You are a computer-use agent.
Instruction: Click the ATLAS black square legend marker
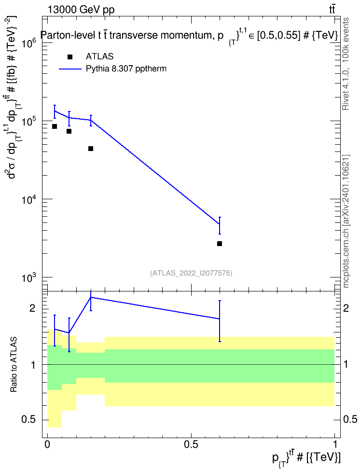70,57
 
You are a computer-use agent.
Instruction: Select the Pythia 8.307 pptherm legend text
126,69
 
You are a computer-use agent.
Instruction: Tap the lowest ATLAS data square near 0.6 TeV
220,244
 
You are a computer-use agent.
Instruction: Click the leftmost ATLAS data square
55,126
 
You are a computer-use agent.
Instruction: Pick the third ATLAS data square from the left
91,149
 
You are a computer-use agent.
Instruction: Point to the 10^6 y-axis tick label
29,44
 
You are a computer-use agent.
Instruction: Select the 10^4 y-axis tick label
29,200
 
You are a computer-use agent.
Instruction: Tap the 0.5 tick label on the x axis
191,445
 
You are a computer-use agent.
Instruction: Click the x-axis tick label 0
47,445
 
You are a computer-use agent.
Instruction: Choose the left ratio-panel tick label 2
32,308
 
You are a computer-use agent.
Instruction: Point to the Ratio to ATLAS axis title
14,365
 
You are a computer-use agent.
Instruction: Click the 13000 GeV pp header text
81,10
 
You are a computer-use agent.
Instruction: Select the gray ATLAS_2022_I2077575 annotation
191,273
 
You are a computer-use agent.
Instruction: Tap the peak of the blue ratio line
91,297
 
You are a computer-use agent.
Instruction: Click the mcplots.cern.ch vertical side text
346,221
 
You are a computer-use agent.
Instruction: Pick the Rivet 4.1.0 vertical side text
346,64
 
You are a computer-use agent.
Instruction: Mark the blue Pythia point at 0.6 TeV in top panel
220,224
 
